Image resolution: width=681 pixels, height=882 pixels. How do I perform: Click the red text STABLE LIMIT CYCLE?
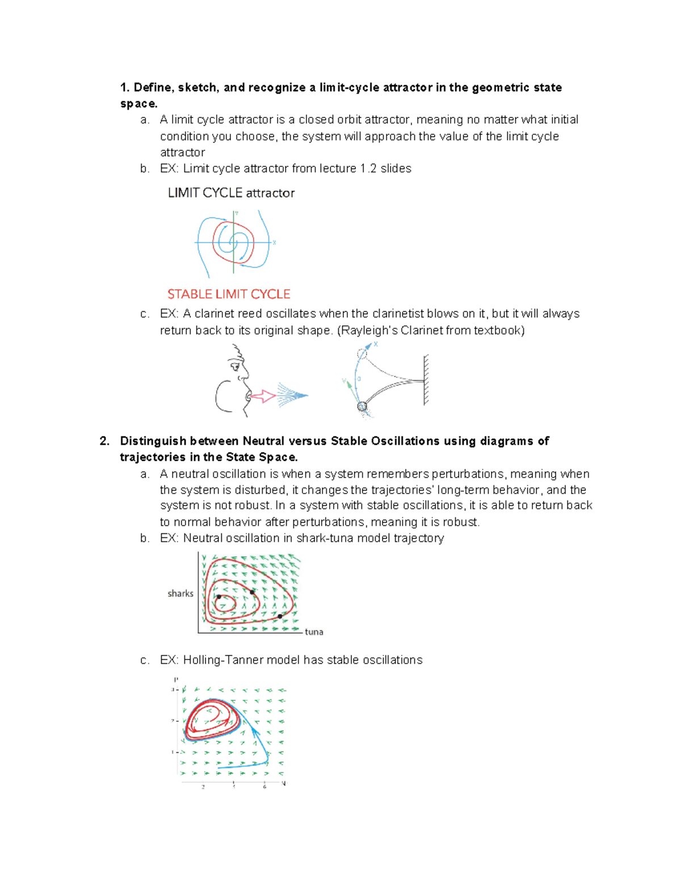click(229, 294)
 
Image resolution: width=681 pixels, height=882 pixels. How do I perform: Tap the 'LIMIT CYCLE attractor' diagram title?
click(231, 193)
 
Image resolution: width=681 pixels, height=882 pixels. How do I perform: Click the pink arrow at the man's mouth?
click(263, 396)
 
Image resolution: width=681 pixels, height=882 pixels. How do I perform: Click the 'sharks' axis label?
click(180, 593)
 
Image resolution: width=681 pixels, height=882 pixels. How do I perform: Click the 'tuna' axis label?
click(314, 632)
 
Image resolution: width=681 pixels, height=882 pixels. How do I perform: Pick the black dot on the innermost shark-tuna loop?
click(219, 597)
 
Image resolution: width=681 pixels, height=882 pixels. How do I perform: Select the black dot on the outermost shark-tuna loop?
click(280, 616)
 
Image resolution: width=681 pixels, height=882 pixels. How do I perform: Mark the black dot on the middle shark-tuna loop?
click(252, 592)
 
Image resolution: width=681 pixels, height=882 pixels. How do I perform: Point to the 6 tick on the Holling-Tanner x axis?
click(264, 786)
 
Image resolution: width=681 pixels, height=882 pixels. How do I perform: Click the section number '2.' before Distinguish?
click(104, 441)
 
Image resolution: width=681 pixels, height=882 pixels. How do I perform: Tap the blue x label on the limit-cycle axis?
click(274, 243)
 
